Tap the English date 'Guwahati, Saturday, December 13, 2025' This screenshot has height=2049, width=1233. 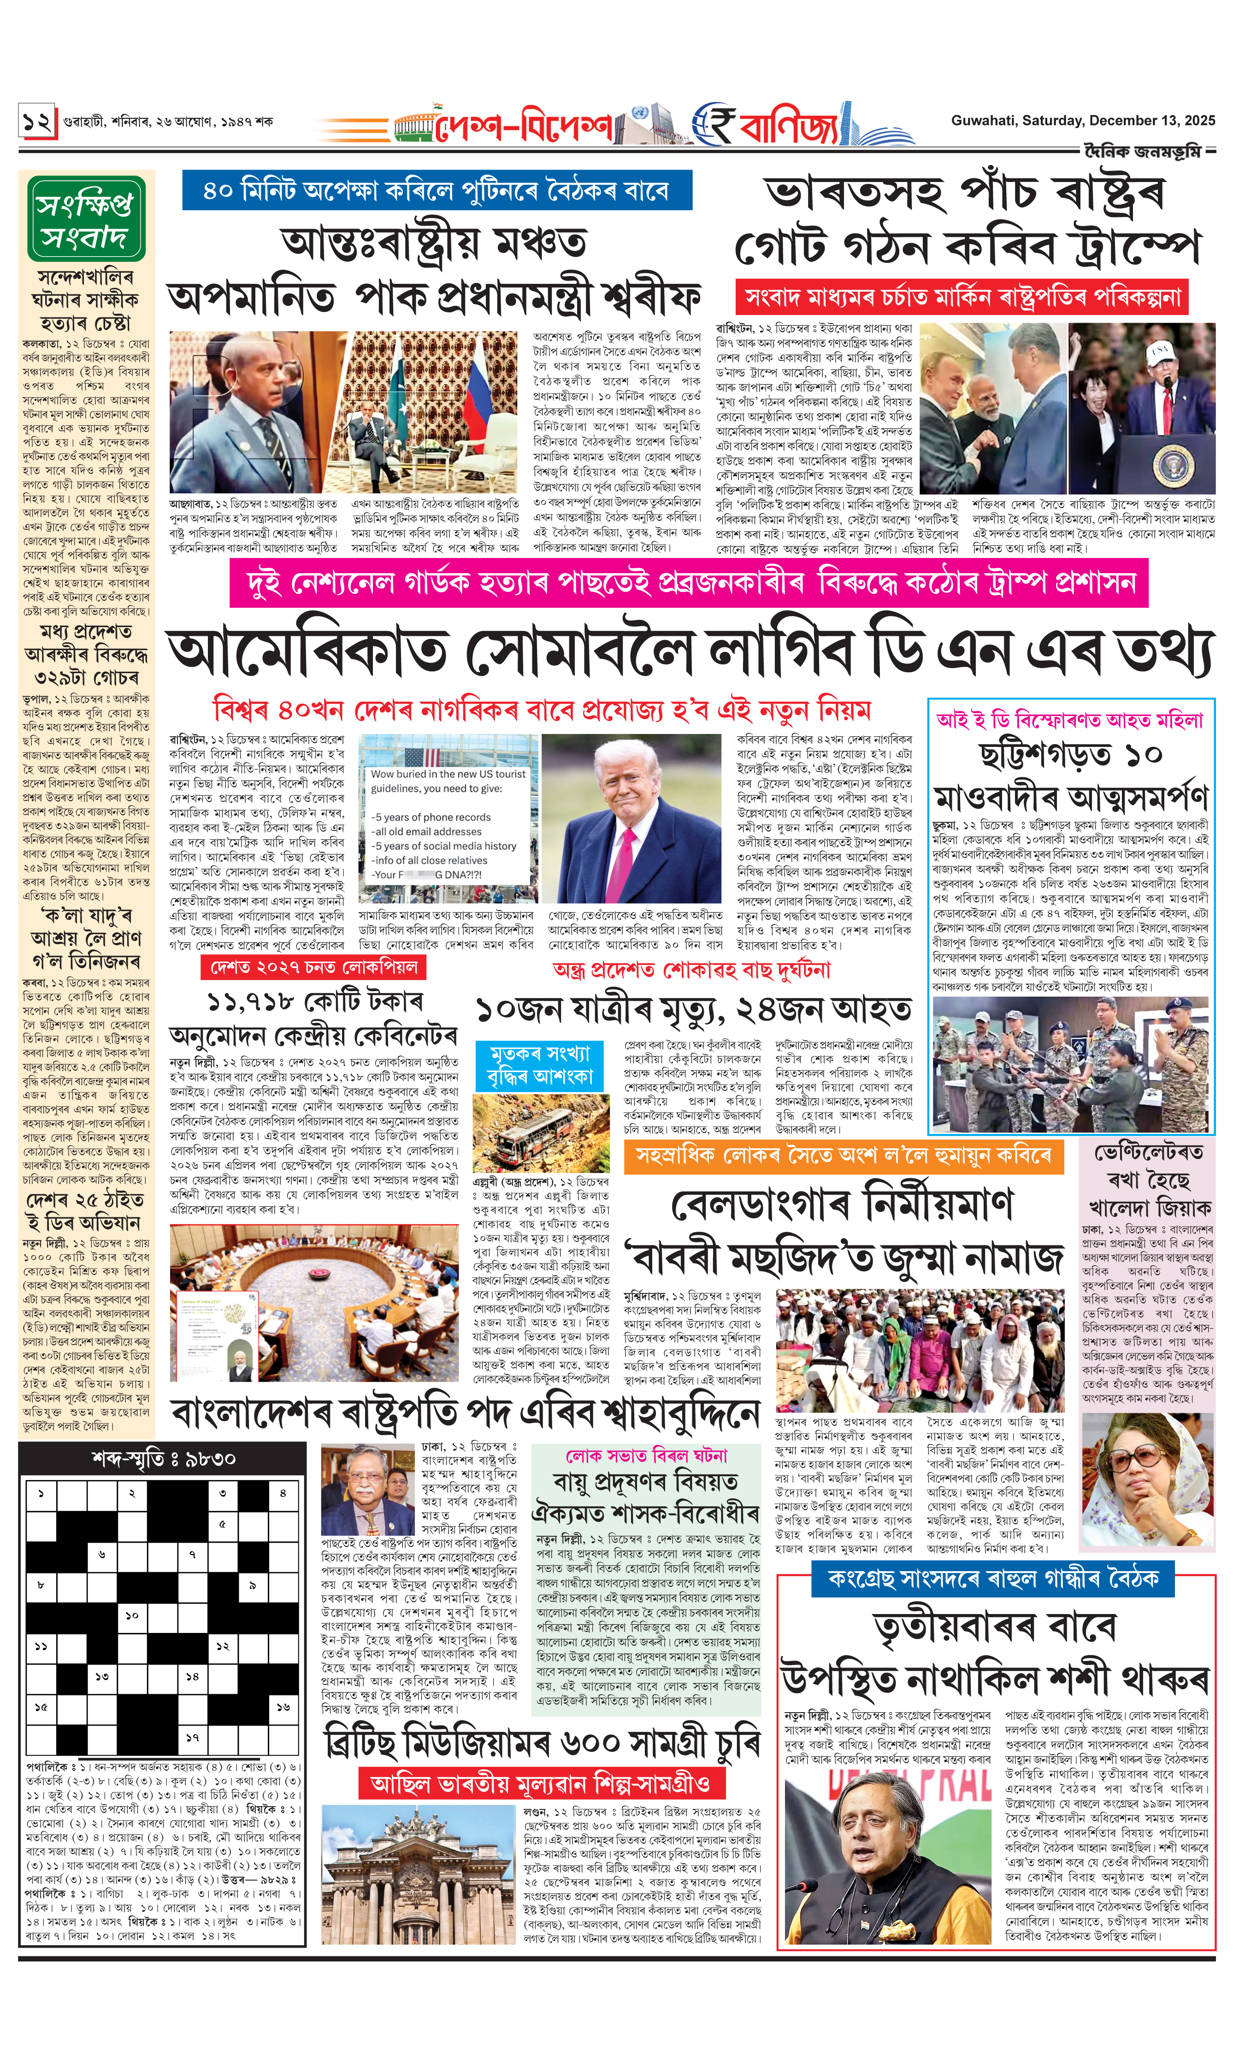click(1083, 120)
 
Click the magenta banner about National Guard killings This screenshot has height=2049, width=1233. click(689, 583)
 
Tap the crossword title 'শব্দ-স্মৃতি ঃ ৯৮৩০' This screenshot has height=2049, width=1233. click(164, 1458)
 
